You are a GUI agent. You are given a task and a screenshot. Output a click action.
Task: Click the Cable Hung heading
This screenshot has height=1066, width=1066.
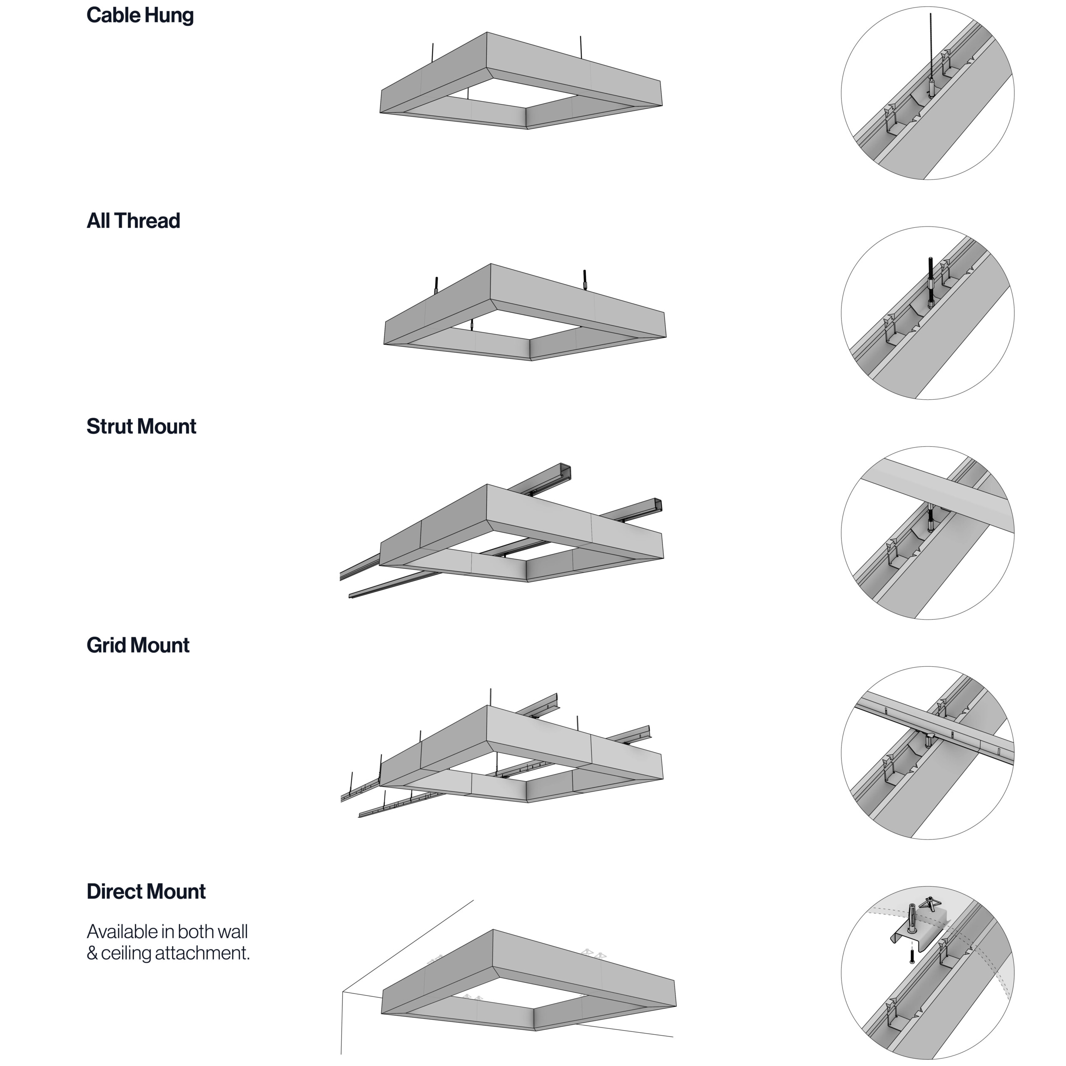click(140, 15)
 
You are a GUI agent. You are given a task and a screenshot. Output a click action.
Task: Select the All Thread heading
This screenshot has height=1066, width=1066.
click(134, 221)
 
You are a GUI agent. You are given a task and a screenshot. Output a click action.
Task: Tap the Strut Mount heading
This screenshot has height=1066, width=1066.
click(141, 426)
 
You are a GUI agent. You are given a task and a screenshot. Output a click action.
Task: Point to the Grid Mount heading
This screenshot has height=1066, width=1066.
click(138, 645)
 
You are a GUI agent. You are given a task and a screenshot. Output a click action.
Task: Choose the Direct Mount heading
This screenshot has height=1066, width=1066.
click(146, 891)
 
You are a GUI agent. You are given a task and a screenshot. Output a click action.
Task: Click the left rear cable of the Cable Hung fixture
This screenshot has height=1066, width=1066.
click(433, 52)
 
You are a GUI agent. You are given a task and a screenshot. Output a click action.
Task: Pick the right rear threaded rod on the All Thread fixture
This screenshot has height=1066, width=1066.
click(585, 279)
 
